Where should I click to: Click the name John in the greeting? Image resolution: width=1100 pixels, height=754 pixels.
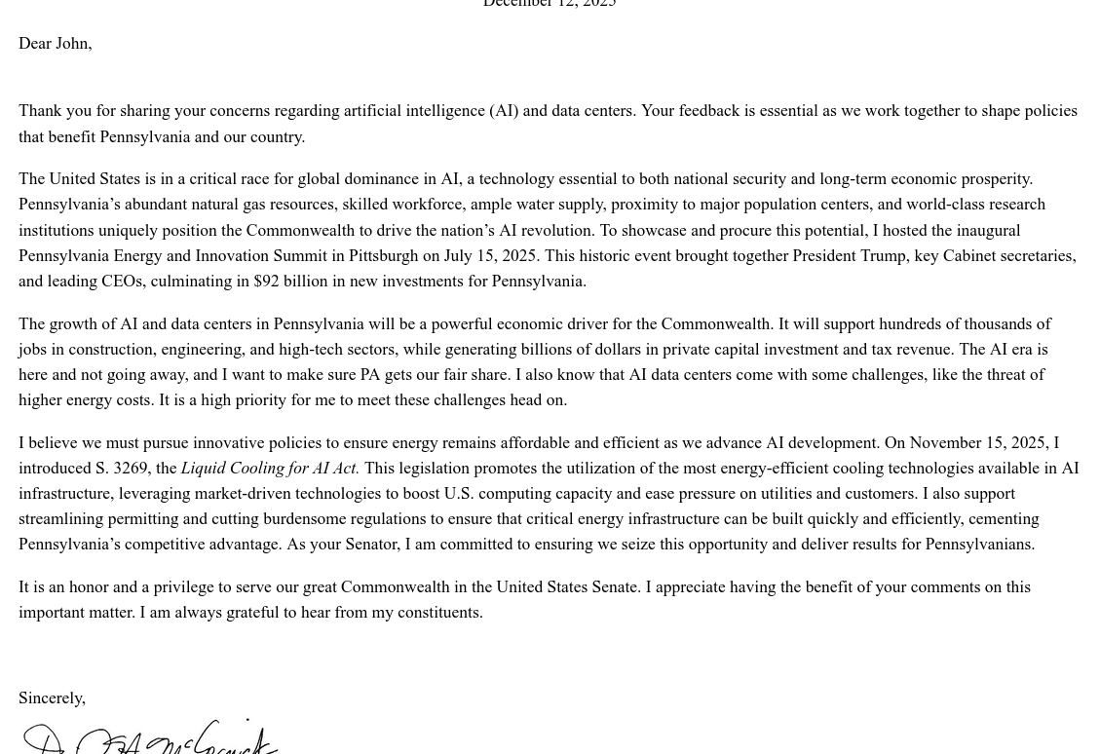click(72, 44)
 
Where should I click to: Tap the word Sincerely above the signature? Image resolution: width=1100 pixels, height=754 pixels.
click(51, 698)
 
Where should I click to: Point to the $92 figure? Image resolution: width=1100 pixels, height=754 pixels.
click(266, 282)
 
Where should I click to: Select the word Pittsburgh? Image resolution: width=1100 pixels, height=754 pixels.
click(383, 256)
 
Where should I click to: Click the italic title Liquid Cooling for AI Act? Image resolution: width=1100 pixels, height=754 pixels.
click(270, 469)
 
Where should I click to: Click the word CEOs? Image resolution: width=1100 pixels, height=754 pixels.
click(123, 282)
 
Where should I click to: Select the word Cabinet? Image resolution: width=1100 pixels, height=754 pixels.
click(969, 256)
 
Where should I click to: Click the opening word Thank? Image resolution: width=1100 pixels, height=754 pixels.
click(40, 111)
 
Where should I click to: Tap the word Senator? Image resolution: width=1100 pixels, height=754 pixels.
click(371, 545)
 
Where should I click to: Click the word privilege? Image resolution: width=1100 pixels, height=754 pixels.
click(183, 587)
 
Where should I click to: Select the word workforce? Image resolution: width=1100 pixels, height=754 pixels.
click(428, 205)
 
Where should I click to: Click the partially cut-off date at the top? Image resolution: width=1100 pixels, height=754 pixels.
click(550, 4)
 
